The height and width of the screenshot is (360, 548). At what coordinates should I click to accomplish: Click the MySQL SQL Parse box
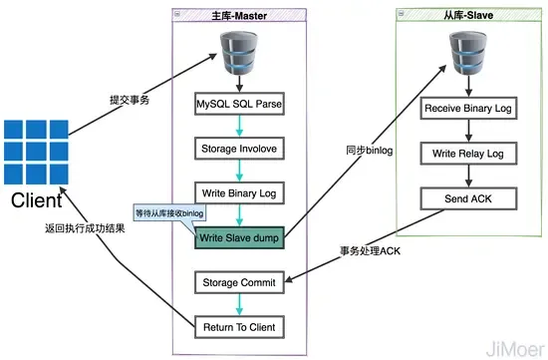pyautogui.click(x=238, y=102)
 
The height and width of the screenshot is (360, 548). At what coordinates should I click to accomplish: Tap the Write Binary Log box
pyautogui.click(x=238, y=192)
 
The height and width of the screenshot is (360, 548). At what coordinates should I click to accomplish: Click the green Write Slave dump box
pyautogui.click(x=238, y=237)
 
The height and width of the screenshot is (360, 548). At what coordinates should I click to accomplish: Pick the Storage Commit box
pyautogui.click(x=238, y=282)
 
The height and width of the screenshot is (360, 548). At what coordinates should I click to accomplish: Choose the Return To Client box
pyautogui.click(x=238, y=326)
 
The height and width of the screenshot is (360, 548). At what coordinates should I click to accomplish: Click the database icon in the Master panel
pyautogui.click(x=238, y=51)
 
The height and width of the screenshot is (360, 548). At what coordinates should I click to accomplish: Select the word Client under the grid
pyautogui.click(x=36, y=202)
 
